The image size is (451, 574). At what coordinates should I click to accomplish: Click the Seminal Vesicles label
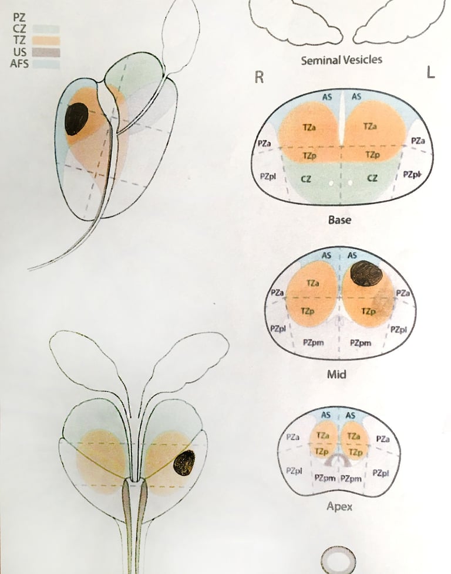(x=341, y=60)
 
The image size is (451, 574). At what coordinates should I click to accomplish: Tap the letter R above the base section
(x=259, y=77)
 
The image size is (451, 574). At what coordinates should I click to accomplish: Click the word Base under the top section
(x=341, y=220)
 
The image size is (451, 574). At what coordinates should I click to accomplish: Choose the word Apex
(x=339, y=506)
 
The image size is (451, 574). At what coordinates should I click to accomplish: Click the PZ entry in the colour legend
(x=18, y=18)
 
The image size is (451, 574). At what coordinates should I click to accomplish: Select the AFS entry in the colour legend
(x=19, y=64)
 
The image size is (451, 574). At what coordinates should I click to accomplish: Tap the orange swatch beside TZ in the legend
(x=46, y=40)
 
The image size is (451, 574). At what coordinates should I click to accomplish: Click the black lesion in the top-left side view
(x=76, y=118)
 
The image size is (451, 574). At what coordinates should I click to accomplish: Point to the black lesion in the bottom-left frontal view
(x=184, y=463)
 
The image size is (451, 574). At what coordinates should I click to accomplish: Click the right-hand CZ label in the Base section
(x=372, y=178)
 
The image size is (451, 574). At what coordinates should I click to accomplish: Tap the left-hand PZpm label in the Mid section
(x=315, y=342)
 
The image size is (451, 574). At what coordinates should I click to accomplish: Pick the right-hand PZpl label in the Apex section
(x=381, y=473)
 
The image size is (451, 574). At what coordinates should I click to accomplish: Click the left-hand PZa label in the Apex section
(x=294, y=437)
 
